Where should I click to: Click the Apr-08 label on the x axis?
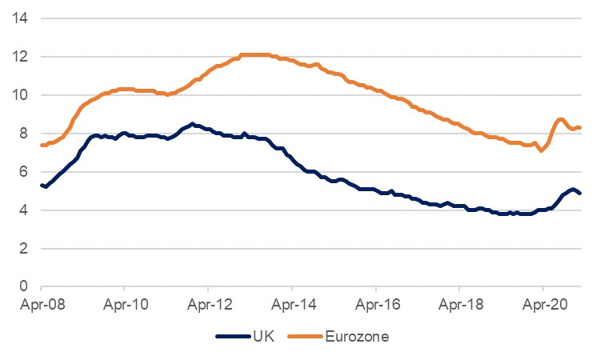coord(41,305)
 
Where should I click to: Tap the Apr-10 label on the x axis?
coord(125,305)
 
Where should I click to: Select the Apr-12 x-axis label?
coord(208,305)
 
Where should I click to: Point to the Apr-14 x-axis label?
coord(292,305)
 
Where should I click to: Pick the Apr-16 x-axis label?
coord(375,305)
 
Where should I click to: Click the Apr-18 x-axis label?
coord(459,305)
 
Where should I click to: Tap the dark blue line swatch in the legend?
coord(233,338)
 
